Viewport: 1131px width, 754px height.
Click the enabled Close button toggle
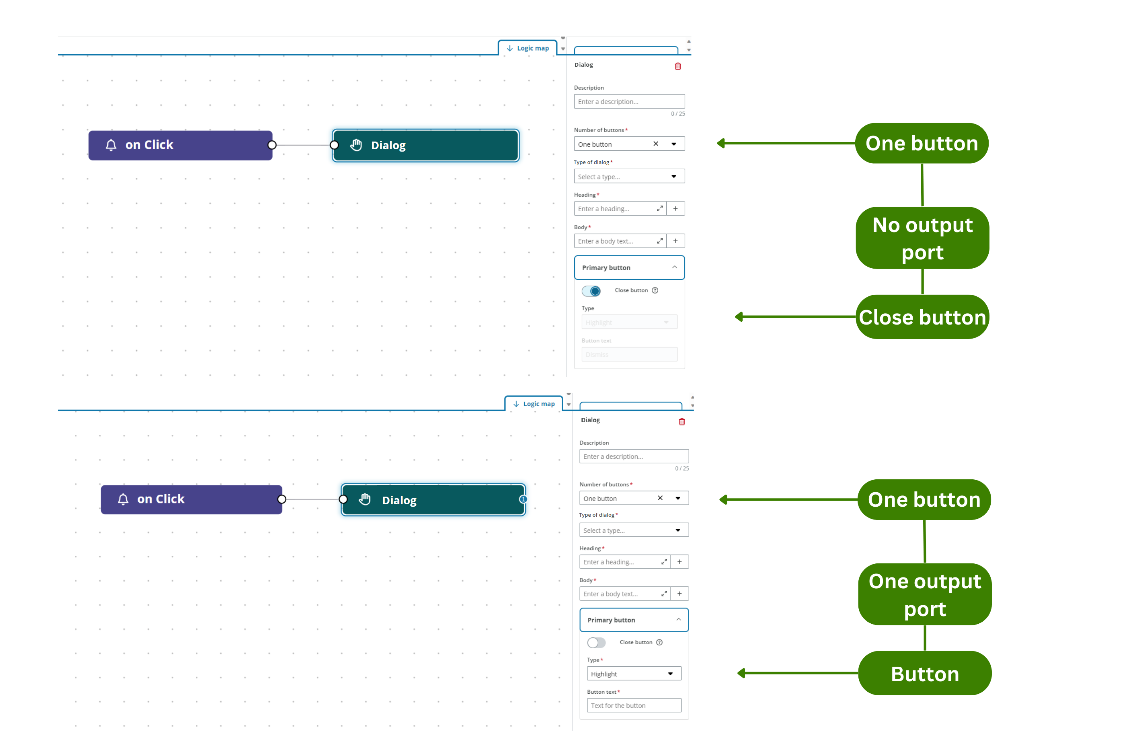(x=591, y=291)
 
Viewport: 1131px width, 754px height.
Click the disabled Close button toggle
(x=596, y=643)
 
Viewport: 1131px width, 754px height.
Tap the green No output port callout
(x=922, y=238)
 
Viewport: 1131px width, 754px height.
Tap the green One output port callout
(x=924, y=594)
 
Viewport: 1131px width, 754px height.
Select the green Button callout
(x=924, y=673)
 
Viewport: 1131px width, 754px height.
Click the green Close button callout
(x=922, y=317)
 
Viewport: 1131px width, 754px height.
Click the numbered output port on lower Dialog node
(x=523, y=499)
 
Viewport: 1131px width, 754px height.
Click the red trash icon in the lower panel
(x=681, y=422)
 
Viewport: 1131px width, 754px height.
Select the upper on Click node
(x=180, y=145)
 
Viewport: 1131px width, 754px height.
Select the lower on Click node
(x=191, y=499)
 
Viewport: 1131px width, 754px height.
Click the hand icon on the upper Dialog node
(x=356, y=145)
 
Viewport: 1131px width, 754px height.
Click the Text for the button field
(x=634, y=705)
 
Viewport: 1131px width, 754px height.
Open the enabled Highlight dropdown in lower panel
(x=634, y=674)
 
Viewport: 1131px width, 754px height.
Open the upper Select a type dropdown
(x=629, y=177)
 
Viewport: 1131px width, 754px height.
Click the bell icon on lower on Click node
(x=123, y=499)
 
